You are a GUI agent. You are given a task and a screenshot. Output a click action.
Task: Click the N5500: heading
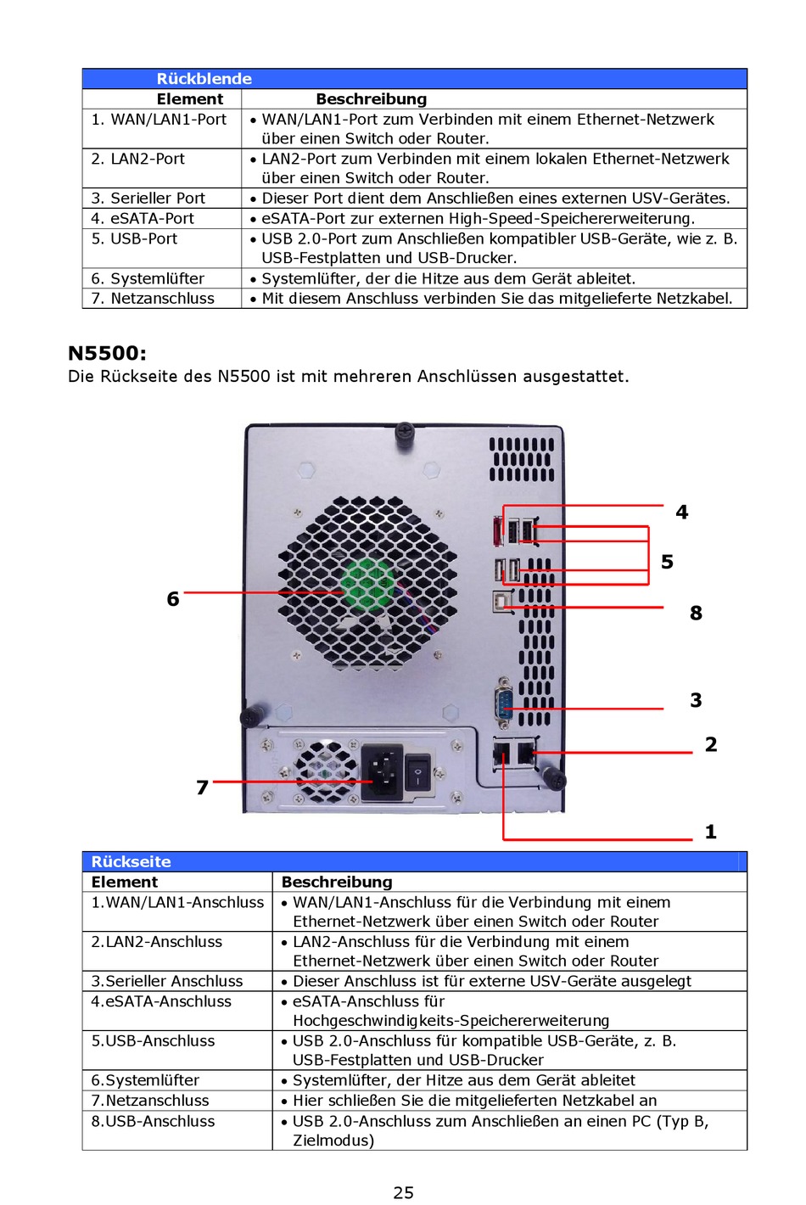[107, 353]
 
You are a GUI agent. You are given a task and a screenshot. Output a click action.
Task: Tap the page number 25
[403, 1192]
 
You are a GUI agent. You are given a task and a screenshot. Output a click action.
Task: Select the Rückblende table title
[204, 79]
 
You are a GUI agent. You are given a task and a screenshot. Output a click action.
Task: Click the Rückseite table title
[131, 861]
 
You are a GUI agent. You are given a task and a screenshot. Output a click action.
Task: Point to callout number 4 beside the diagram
[681, 512]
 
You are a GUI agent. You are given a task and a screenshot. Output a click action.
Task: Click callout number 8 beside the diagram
[696, 613]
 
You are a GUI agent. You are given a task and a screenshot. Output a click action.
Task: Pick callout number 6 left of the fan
[173, 599]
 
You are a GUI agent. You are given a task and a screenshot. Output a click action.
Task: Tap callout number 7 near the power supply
[202, 787]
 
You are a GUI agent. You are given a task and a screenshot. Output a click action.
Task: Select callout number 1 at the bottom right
[710, 832]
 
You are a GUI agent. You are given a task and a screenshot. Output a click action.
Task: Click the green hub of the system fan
[368, 583]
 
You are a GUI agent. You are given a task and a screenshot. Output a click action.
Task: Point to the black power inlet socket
[382, 772]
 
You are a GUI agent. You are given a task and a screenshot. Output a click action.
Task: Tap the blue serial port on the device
[504, 702]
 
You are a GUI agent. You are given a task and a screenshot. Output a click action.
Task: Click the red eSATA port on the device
[496, 532]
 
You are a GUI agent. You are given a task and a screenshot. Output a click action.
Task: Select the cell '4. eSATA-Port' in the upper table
[143, 219]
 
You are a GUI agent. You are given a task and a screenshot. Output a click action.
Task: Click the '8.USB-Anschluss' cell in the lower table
[153, 1121]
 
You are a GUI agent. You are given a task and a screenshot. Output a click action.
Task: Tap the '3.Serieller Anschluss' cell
[167, 981]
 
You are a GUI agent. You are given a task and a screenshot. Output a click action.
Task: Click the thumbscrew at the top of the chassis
[405, 432]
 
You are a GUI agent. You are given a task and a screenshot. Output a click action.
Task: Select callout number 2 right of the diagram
[711, 744]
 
